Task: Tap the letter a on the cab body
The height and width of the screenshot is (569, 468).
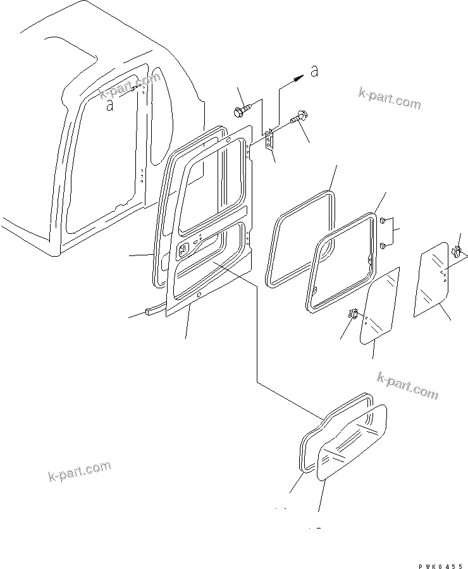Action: [x=110, y=105]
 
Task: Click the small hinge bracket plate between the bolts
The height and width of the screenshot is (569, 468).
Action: [x=271, y=141]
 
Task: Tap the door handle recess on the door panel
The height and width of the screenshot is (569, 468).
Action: [x=183, y=251]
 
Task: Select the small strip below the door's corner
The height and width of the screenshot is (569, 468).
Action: [x=155, y=310]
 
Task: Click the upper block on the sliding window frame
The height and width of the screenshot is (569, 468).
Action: [x=383, y=221]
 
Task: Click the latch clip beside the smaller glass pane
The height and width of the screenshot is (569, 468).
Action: [x=354, y=314]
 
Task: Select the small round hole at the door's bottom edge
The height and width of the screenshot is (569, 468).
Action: [x=199, y=296]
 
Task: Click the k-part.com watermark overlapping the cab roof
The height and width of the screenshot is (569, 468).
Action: [x=130, y=87]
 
